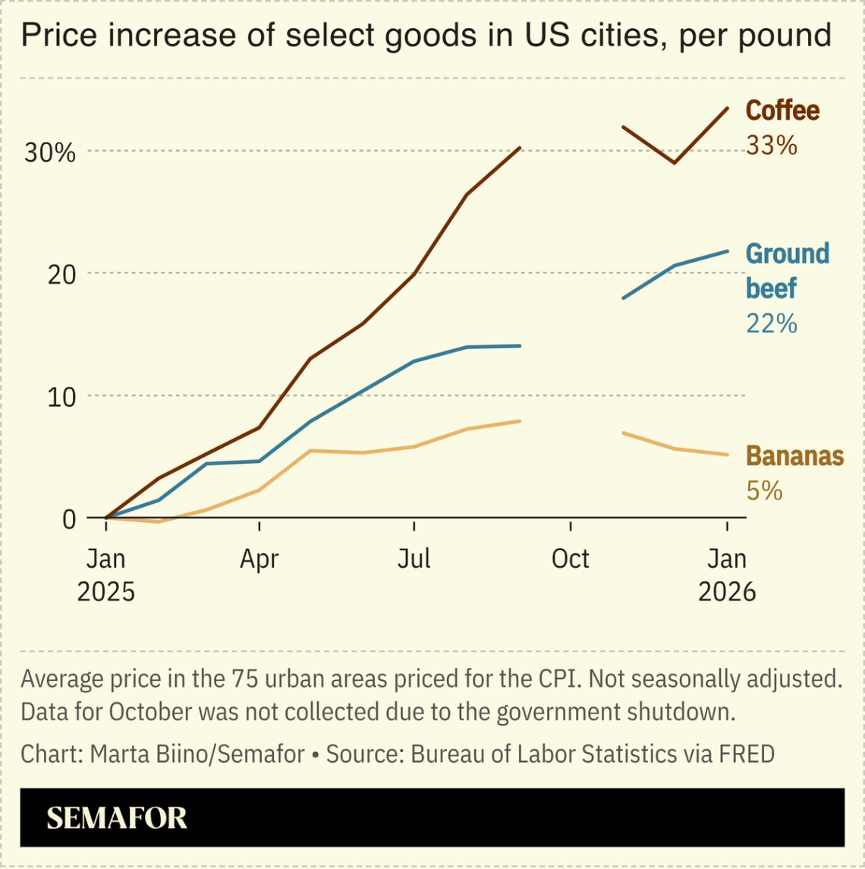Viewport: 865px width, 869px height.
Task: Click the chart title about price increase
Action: point(426,36)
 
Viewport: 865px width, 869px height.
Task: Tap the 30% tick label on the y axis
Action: point(50,153)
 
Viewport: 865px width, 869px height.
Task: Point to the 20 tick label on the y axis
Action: point(62,274)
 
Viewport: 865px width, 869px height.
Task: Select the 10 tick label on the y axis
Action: point(62,396)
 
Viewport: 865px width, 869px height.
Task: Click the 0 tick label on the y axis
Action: point(69,519)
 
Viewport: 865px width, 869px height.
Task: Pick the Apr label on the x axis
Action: point(259,559)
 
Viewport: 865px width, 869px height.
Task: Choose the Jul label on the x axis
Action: point(414,559)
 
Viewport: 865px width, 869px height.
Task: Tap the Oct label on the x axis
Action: point(570,559)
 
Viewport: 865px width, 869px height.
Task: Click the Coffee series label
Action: point(782,111)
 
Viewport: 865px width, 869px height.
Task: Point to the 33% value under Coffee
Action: point(771,145)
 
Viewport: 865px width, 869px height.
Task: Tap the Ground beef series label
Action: point(787,270)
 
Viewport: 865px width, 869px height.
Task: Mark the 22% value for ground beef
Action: point(771,324)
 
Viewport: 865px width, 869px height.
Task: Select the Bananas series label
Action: point(794,456)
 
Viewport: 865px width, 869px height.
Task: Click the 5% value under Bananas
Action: point(763,491)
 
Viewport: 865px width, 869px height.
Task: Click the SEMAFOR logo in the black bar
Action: point(116,818)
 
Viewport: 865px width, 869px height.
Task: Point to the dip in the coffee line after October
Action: point(674,162)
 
